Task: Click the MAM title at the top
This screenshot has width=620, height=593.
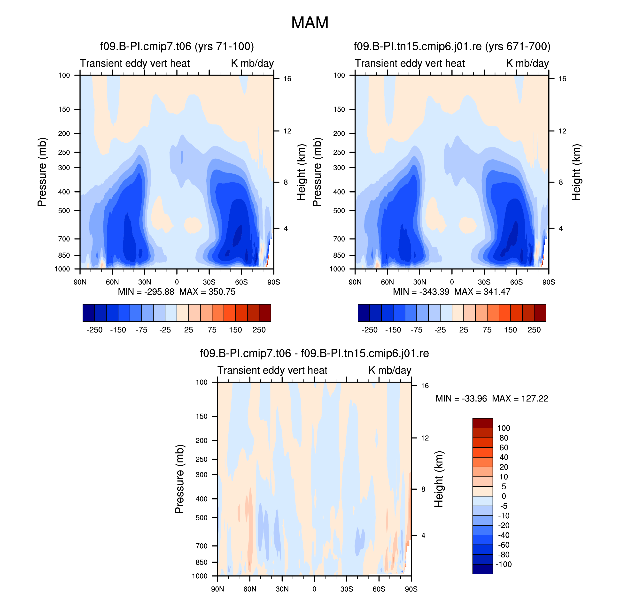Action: (310, 23)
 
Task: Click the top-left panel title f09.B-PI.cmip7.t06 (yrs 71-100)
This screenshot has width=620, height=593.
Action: (177, 46)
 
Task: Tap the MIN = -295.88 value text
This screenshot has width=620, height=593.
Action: (146, 292)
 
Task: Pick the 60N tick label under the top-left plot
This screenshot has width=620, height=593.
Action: (112, 282)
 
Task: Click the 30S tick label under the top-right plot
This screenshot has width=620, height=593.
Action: (484, 282)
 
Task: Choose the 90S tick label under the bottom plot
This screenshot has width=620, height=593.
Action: (411, 589)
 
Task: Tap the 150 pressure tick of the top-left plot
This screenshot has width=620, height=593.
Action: (64, 109)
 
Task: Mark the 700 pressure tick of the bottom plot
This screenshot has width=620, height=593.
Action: (201, 546)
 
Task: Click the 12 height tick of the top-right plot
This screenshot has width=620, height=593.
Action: (562, 131)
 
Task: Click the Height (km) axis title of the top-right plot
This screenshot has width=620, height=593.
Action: (576, 172)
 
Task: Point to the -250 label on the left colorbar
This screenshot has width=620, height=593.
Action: (94, 330)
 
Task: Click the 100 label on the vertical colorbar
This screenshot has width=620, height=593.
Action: (504, 428)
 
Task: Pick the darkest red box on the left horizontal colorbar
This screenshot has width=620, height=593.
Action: (265, 313)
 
